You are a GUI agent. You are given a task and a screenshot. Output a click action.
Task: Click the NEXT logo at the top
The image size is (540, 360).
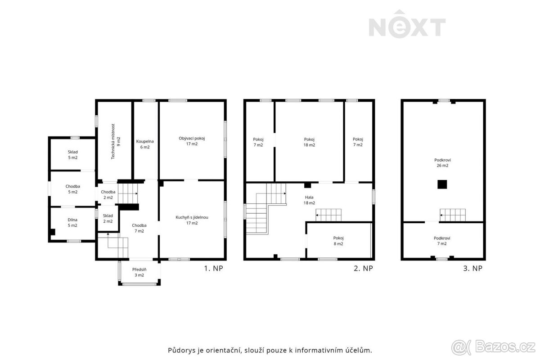[x=407, y=24]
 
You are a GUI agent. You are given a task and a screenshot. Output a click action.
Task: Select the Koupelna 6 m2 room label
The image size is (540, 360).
[x=145, y=144]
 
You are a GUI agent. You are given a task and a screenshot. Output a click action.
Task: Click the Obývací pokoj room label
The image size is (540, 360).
[x=192, y=141]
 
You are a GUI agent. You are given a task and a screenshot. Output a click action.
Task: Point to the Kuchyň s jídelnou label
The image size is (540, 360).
[x=192, y=220]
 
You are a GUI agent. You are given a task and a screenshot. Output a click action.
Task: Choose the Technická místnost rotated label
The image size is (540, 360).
[x=116, y=142]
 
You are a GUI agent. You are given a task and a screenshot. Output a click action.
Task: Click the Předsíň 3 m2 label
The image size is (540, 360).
[x=139, y=272]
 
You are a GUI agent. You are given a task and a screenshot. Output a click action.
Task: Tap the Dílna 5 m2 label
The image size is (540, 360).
[x=72, y=223]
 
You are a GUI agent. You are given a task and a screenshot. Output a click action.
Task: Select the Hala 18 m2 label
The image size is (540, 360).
[x=309, y=200]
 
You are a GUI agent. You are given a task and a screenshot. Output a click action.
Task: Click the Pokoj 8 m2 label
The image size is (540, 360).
[x=338, y=241]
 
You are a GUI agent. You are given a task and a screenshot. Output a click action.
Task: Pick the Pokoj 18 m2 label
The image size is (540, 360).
[x=309, y=142]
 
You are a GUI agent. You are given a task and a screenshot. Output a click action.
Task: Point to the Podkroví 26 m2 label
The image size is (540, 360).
[x=443, y=163]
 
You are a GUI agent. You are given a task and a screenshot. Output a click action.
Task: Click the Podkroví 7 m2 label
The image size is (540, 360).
[x=442, y=241]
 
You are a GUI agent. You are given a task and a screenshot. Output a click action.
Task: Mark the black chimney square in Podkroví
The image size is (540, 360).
[x=442, y=184]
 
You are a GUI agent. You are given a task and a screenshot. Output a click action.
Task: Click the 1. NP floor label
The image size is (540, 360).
[x=214, y=268]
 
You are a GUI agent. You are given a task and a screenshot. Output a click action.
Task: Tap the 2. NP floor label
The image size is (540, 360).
[x=363, y=268]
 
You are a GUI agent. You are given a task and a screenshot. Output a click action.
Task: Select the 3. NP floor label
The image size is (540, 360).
[x=473, y=268]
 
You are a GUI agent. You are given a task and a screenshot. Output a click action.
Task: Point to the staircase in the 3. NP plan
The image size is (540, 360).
[x=453, y=215]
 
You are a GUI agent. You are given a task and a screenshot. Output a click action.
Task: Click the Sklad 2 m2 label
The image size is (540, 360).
[x=108, y=218]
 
